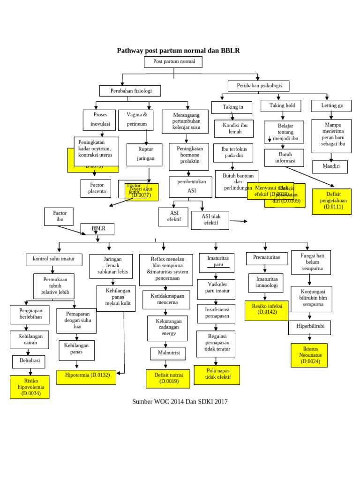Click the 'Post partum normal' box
[173, 62]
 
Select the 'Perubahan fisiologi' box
[130, 91]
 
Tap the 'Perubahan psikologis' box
[258, 86]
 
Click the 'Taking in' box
[232, 107]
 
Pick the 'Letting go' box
[331, 106]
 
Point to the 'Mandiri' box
[330, 167]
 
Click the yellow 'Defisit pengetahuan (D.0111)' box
[331, 202]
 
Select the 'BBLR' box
[97, 229]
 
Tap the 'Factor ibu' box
[59, 217]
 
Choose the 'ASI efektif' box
[173, 217]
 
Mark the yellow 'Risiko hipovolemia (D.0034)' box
[30, 387]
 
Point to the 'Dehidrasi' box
[29, 362]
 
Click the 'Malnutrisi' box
[168, 353]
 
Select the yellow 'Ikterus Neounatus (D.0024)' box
[309, 355]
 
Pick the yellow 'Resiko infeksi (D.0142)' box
[266, 310]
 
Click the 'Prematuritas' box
[266, 258]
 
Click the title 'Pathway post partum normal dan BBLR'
[178, 51]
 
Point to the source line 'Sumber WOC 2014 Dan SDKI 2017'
[180, 402]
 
